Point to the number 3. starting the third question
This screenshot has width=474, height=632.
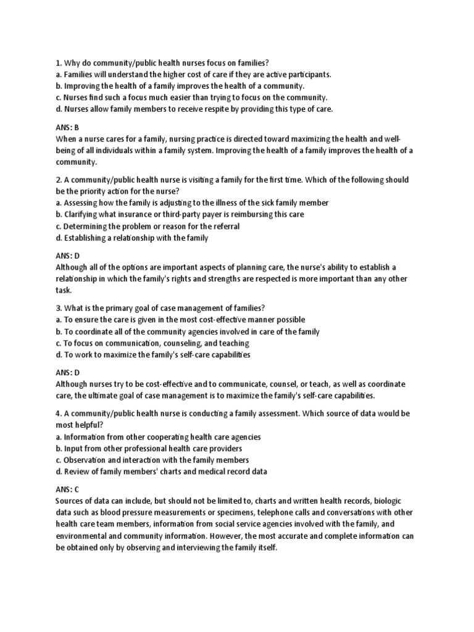point(59,308)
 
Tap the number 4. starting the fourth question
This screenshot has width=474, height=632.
point(59,413)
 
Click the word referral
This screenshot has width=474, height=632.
point(223,226)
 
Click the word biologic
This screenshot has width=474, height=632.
point(388,501)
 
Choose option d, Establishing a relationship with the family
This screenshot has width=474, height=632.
point(132,238)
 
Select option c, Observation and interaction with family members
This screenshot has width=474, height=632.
point(152,460)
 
